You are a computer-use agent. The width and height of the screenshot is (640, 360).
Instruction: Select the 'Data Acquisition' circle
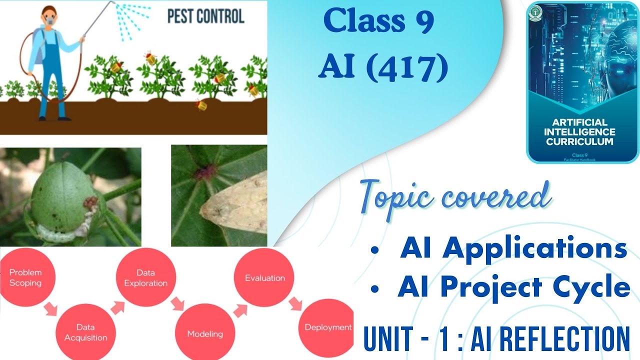pos(85,331)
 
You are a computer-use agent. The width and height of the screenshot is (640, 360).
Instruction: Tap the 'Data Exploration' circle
pos(145,278)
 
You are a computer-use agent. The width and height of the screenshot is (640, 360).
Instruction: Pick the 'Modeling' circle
pos(205,332)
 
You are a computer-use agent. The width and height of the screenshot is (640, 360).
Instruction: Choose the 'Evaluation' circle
pos(264,277)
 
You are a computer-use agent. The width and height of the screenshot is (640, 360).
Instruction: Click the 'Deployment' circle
pos(327,327)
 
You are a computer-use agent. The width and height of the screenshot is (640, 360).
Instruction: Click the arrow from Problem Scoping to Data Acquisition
pos(51,308)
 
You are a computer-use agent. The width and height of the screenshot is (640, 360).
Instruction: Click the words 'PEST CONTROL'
pos(205,16)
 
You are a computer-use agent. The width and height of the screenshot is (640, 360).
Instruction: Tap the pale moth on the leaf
pos(235,210)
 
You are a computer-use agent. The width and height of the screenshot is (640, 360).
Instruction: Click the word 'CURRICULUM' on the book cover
pos(579,141)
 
